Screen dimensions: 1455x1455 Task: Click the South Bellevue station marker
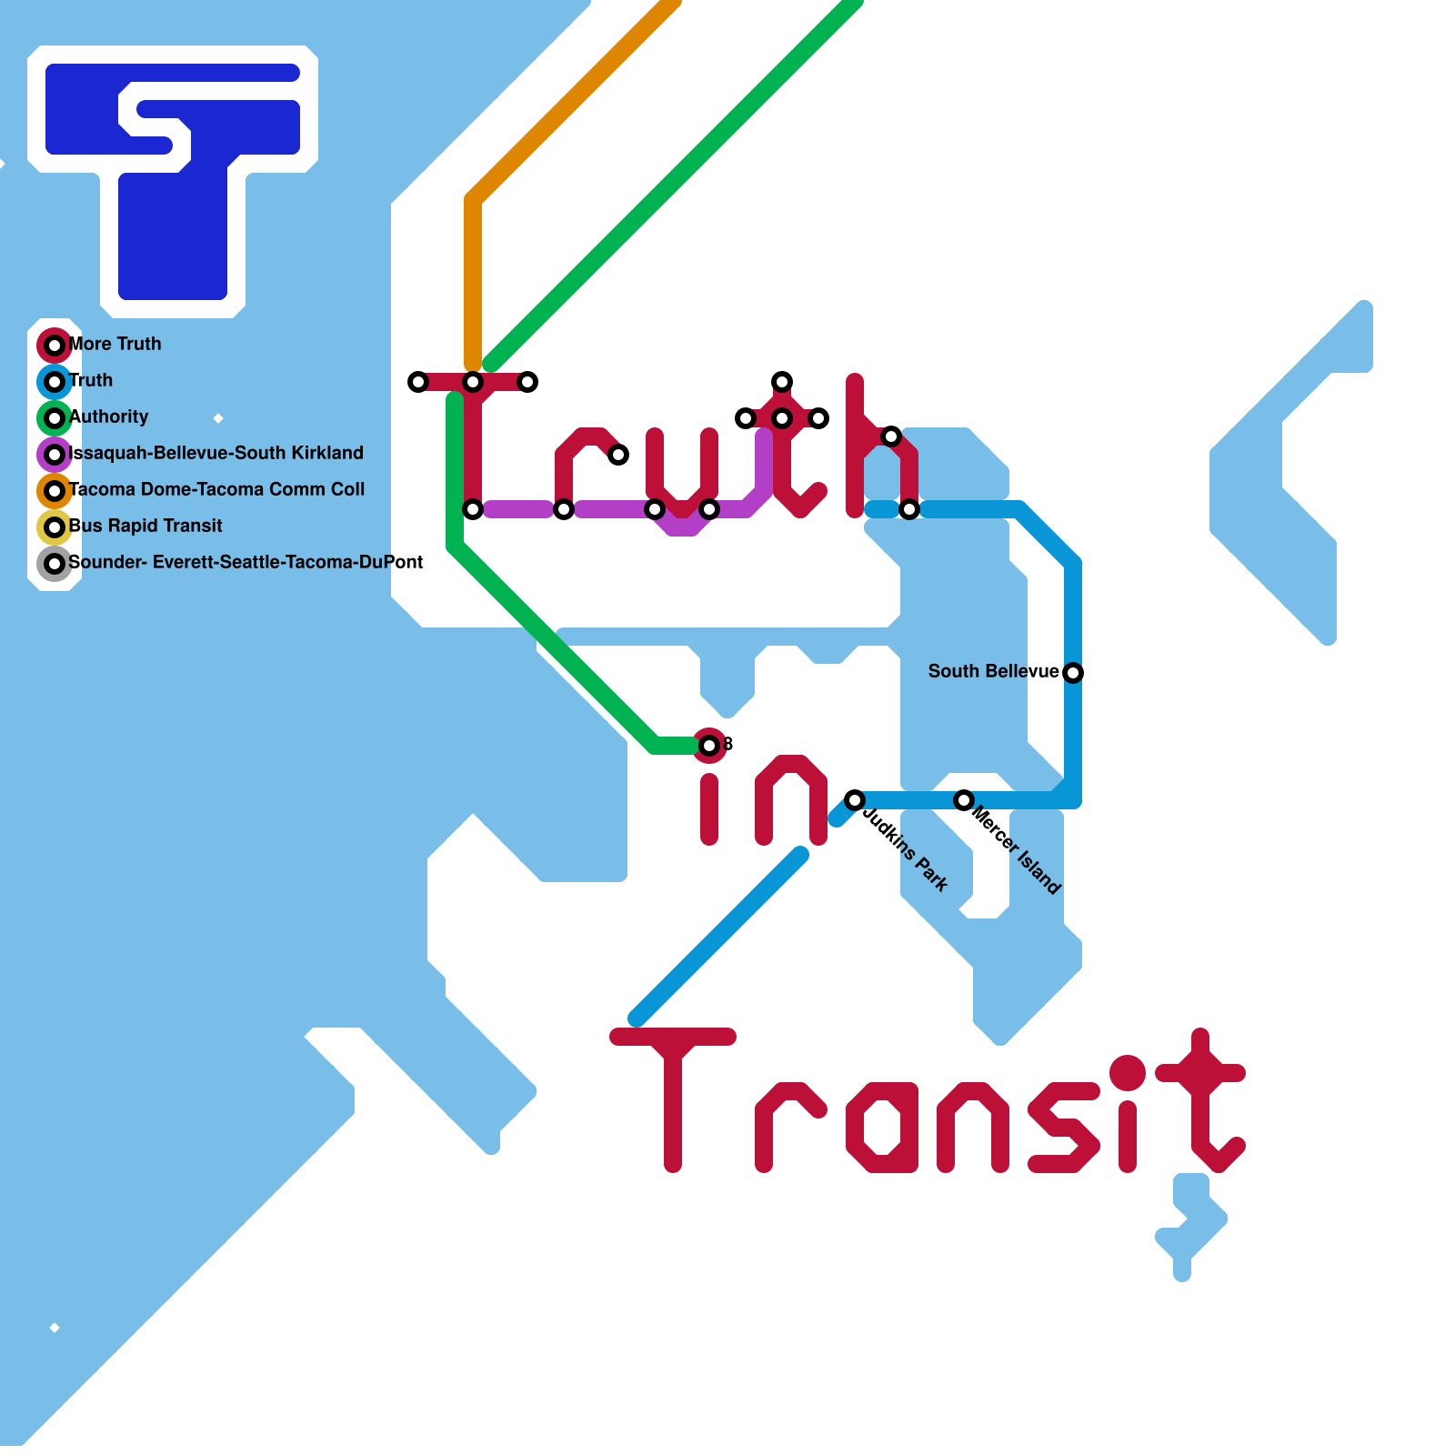pos(1073,673)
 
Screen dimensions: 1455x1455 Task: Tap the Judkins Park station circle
pos(855,800)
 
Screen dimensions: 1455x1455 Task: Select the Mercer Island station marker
pos(964,800)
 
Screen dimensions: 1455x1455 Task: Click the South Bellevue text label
pos(993,672)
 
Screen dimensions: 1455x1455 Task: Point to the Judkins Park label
pos(906,849)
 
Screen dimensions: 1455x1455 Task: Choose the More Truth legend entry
pos(115,345)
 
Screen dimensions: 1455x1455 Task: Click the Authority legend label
pos(109,417)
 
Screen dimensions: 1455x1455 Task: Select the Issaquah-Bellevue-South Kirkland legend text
pos(216,454)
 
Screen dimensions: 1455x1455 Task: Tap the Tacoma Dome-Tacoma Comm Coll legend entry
pos(216,490)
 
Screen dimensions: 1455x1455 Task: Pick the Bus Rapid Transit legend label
pos(145,527)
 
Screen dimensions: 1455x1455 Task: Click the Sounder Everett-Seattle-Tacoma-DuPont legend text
pos(246,563)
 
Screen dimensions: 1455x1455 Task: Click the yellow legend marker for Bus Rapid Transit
pos(55,527)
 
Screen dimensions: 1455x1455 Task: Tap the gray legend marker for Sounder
pos(55,564)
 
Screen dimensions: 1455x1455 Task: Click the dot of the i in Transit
pos(1128,1073)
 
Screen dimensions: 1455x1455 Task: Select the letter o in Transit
pos(882,1128)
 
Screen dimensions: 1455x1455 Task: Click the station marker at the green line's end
pos(709,746)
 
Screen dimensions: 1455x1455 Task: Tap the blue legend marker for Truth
pos(55,382)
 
